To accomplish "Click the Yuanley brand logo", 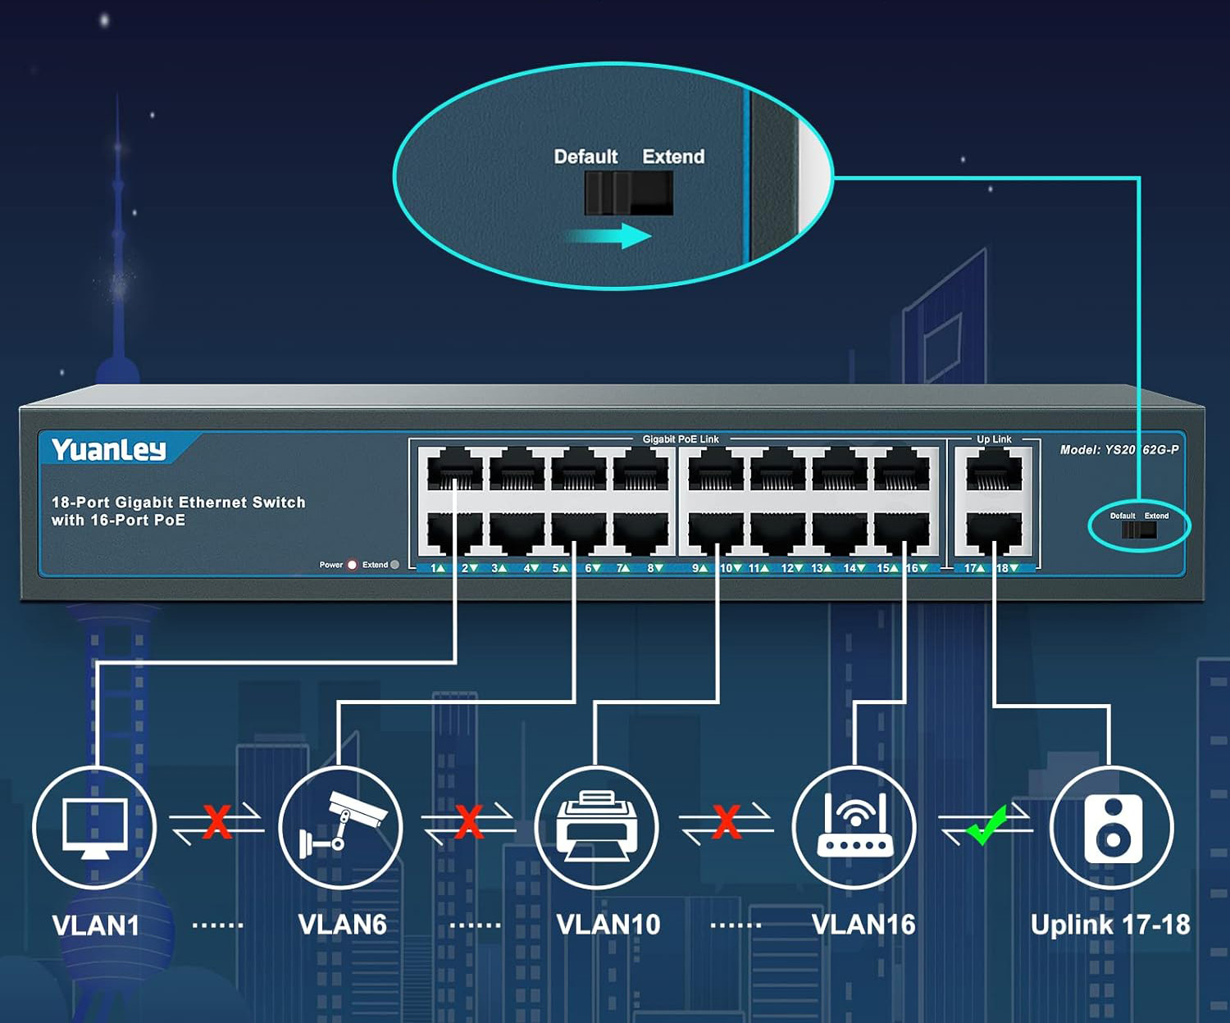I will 108,449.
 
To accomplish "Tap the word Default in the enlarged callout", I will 585,157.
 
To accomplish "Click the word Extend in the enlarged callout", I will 673,157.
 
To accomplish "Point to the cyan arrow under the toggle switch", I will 610,236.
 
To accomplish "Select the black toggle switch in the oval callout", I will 628,193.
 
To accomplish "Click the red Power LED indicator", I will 353,565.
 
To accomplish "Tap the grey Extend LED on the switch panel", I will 395,565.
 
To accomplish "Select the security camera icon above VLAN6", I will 341,826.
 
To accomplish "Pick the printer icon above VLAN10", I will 596,826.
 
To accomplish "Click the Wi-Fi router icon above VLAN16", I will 854,826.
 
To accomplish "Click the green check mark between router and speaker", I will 986,824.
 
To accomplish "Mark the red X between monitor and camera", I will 217,821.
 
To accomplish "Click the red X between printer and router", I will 727,821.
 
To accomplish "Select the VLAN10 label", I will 608,925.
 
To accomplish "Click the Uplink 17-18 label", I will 1110,925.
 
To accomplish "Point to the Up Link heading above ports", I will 994,439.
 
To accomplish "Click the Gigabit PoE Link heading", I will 681,439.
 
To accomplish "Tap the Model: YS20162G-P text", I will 1119,449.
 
